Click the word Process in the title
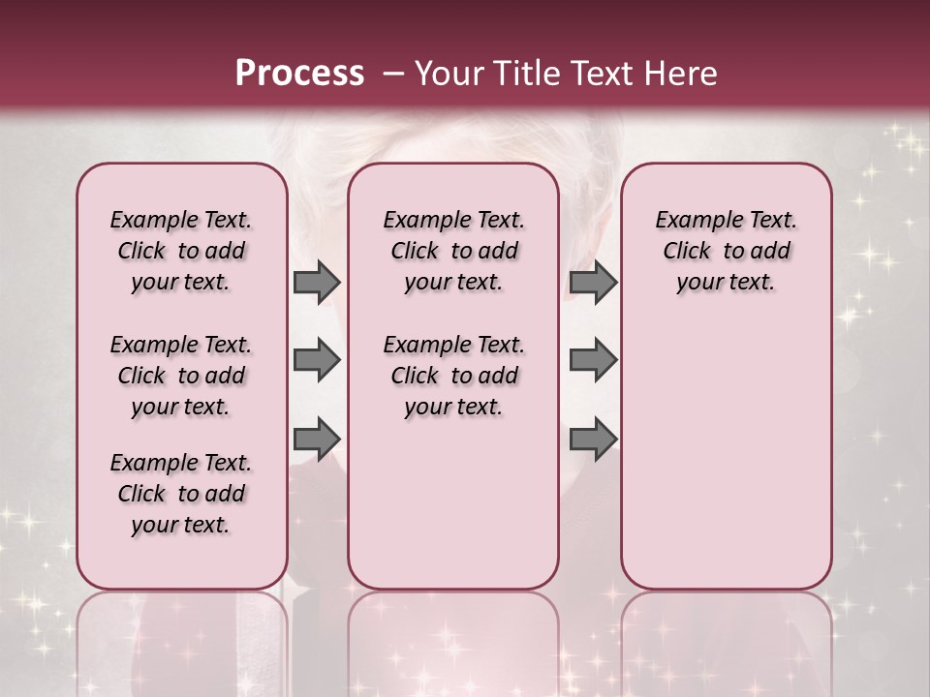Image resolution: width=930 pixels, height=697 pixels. [x=299, y=74]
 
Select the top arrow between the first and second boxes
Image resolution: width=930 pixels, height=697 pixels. [x=317, y=283]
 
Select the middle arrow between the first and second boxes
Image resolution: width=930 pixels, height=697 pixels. [x=317, y=360]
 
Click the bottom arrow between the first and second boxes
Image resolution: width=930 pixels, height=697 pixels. [x=317, y=439]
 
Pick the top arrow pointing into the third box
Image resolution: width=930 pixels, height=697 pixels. [x=593, y=283]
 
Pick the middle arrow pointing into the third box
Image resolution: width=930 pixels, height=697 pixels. [x=593, y=360]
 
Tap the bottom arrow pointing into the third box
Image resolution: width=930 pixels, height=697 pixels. [x=593, y=439]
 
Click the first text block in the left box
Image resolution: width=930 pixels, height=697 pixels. [x=181, y=252]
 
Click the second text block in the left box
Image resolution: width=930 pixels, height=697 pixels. [x=181, y=376]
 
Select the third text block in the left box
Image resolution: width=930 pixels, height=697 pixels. [x=181, y=494]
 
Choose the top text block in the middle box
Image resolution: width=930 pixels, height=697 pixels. [x=453, y=252]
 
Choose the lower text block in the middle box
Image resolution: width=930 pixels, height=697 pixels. [x=453, y=376]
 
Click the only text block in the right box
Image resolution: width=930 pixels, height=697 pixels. [x=726, y=252]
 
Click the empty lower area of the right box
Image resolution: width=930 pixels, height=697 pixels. [x=726, y=455]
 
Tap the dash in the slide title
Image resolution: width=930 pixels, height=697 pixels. [x=394, y=74]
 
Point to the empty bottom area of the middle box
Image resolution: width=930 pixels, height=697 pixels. [x=453, y=513]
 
